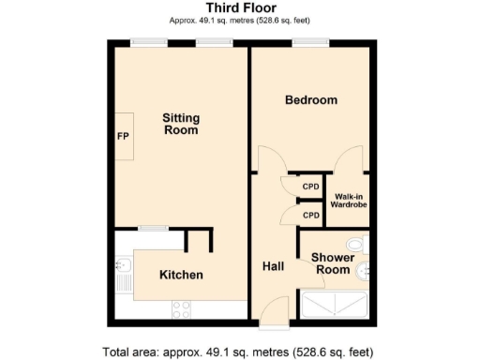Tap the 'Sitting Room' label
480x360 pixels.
180,124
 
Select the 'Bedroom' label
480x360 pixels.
310,100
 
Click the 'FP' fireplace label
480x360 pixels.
122,136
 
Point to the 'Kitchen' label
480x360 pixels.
181,275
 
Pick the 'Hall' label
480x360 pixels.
273,266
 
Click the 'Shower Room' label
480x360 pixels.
331,262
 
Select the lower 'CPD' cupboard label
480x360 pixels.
311,216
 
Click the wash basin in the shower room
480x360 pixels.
365,271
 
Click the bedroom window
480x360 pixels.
310,42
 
